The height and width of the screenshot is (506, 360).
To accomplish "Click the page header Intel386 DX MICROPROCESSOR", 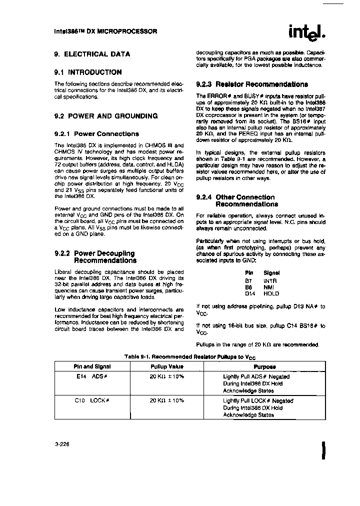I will pyautogui.click(x=105, y=31).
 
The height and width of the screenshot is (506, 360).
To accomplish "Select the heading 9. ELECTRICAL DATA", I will pyautogui.click(x=92, y=54).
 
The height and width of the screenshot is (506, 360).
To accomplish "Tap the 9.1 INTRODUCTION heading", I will pyautogui.click(x=87, y=72).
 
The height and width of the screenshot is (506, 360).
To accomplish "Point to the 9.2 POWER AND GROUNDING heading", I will pyautogui.click(x=105, y=116).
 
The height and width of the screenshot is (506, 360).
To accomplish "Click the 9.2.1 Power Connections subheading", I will pyautogui.click(x=96, y=134).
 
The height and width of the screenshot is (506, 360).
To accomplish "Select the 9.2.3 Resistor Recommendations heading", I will pyautogui.click(x=252, y=84).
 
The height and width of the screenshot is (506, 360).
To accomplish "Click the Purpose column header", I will pyautogui.click(x=264, y=366).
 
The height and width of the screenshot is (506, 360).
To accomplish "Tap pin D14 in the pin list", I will pyautogui.click(x=250, y=293).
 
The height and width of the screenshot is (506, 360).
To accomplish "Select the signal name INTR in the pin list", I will pyautogui.click(x=270, y=280).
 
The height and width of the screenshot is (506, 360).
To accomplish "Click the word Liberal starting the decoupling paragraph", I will pyautogui.click(x=63, y=271).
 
